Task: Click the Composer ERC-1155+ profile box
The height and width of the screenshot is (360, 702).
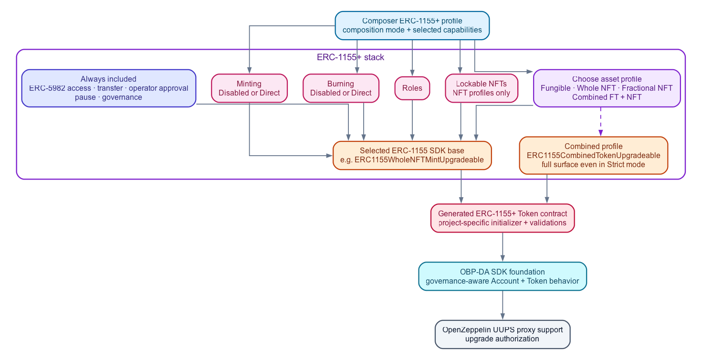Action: tap(412, 25)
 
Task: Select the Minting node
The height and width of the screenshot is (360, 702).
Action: tap(249, 88)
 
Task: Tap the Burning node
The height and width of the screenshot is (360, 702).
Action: tap(341, 88)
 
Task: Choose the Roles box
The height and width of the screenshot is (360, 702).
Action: tap(412, 88)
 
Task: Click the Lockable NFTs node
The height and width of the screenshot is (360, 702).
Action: tap(482, 88)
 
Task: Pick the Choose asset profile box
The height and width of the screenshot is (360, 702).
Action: tap(607, 88)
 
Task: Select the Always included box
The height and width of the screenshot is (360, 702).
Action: tap(108, 88)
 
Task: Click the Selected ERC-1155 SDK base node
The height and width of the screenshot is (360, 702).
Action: tap(412, 155)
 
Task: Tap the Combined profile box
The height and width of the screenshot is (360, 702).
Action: tap(594, 155)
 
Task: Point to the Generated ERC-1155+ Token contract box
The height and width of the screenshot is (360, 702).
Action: tap(503, 218)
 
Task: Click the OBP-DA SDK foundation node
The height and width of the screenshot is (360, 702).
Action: tap(503, 276)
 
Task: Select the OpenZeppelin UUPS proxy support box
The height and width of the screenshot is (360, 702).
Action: tap(503, 334)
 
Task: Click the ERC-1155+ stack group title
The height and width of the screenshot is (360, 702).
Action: tap(350, 57)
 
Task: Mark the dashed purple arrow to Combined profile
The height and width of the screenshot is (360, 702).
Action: tap(600, 122)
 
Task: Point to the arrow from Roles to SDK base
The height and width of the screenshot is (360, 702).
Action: tap(412, 120)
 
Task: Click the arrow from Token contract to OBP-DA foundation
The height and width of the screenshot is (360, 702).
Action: tap(503, 247)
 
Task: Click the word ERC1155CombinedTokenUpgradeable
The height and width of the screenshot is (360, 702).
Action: tap(594, 156)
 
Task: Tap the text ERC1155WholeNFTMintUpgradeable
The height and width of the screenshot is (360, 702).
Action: tap(419, 160)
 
